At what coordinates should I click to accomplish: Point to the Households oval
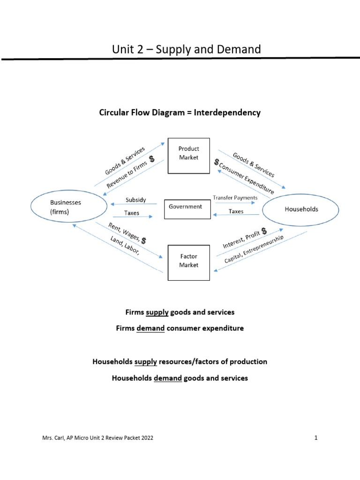coord(300,209)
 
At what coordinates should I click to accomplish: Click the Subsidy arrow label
coord(135,200)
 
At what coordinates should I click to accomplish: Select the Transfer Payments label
coord(235,198)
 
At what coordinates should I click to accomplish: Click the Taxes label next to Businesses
coord(132,212)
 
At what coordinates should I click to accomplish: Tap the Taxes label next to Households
coord(236,211)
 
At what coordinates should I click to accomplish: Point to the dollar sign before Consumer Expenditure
coord(217,162)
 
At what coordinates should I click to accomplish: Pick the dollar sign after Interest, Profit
coord(264,231)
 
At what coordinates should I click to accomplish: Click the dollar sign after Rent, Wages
coord(143,240)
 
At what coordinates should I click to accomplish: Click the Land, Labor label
coord(125,245)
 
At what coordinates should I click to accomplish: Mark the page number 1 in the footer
coord(316,438)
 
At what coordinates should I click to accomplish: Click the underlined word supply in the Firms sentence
coord(157,312)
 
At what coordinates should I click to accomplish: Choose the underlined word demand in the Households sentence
coord(168,378)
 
